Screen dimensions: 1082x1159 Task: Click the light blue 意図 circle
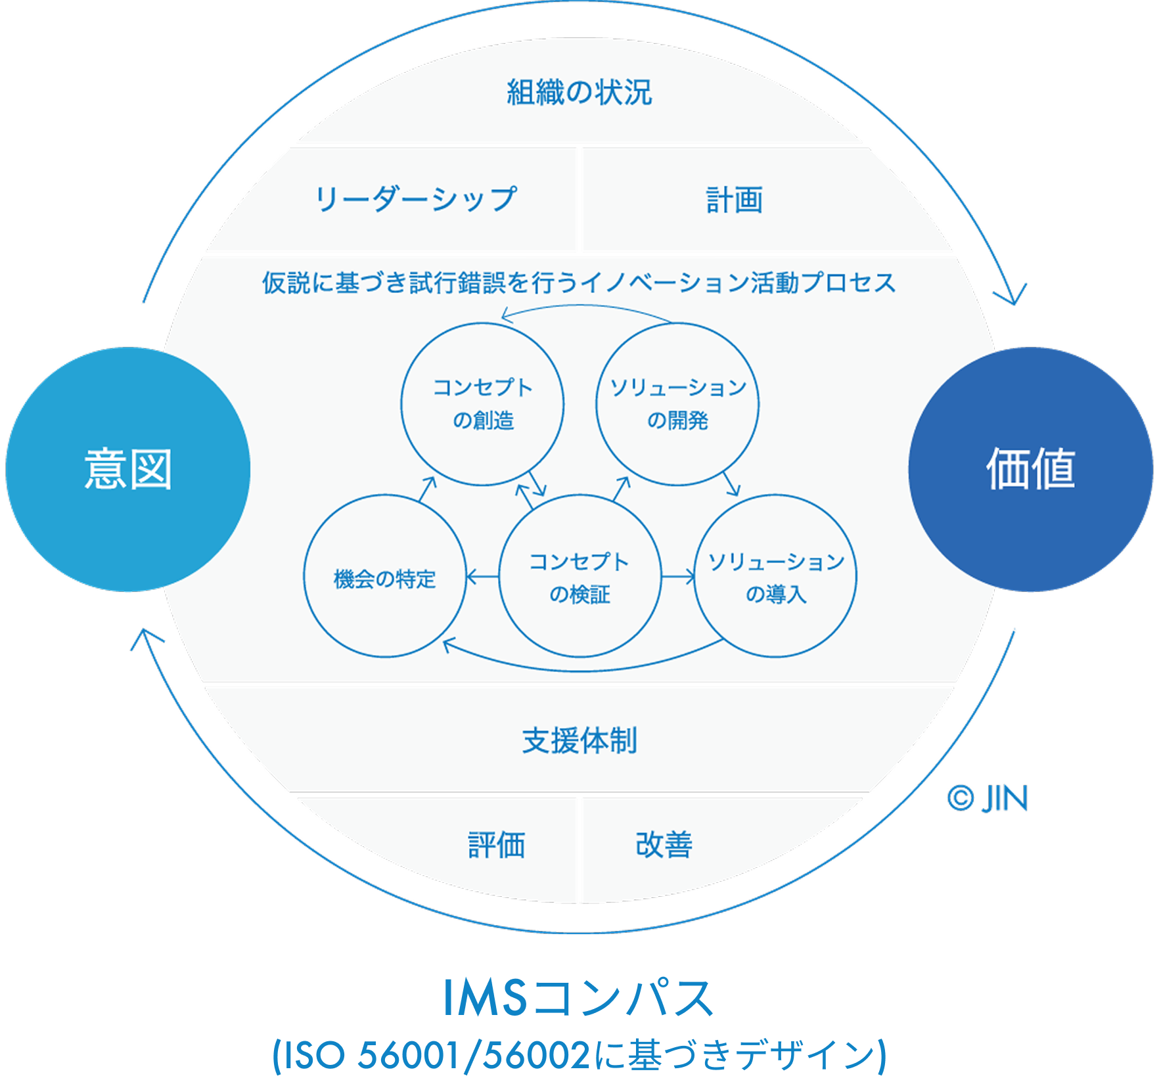pyautogui.click(x=128, y=470)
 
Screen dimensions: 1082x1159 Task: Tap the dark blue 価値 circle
pyautogui.click(x=1030, y=470)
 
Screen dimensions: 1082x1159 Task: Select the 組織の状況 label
pyautogui.click(x=579, y=92)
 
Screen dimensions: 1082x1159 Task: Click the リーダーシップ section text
pyautogui.click(x=415, y=199)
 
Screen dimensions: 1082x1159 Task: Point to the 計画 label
pyautogui.click(x=735, y=200)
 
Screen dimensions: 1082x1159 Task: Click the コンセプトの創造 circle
pyautogui.click(x=482, y=404)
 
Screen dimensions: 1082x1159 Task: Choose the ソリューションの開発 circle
pyautogui.click(x=677, y=404)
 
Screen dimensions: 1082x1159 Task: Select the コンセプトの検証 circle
pyautogui.click(x=579, y=577)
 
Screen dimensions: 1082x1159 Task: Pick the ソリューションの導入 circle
pyautogui.click(x=775, y=577)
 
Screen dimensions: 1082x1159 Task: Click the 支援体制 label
pyautogui.click(x=579, y=740)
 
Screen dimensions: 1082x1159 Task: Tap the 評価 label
pyautogui.click(x=497, y=845)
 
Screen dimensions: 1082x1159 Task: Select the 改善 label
pyautogui.click(x=664, y=845)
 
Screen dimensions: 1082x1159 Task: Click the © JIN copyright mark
pyautogui.click(x=987, y=799)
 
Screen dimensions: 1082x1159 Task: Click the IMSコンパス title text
pyautogui.click(x=579, y=998)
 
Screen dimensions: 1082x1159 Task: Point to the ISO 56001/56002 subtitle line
pyautogui.click(x=579, y=1055)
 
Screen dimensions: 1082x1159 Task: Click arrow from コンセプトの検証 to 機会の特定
pyautogui.click(x=482, y=577)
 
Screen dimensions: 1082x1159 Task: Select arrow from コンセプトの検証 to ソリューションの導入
pyautogui.click(x=677, y=577)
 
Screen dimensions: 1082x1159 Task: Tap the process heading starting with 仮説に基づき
pyautogui.click(x=579, y=283)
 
